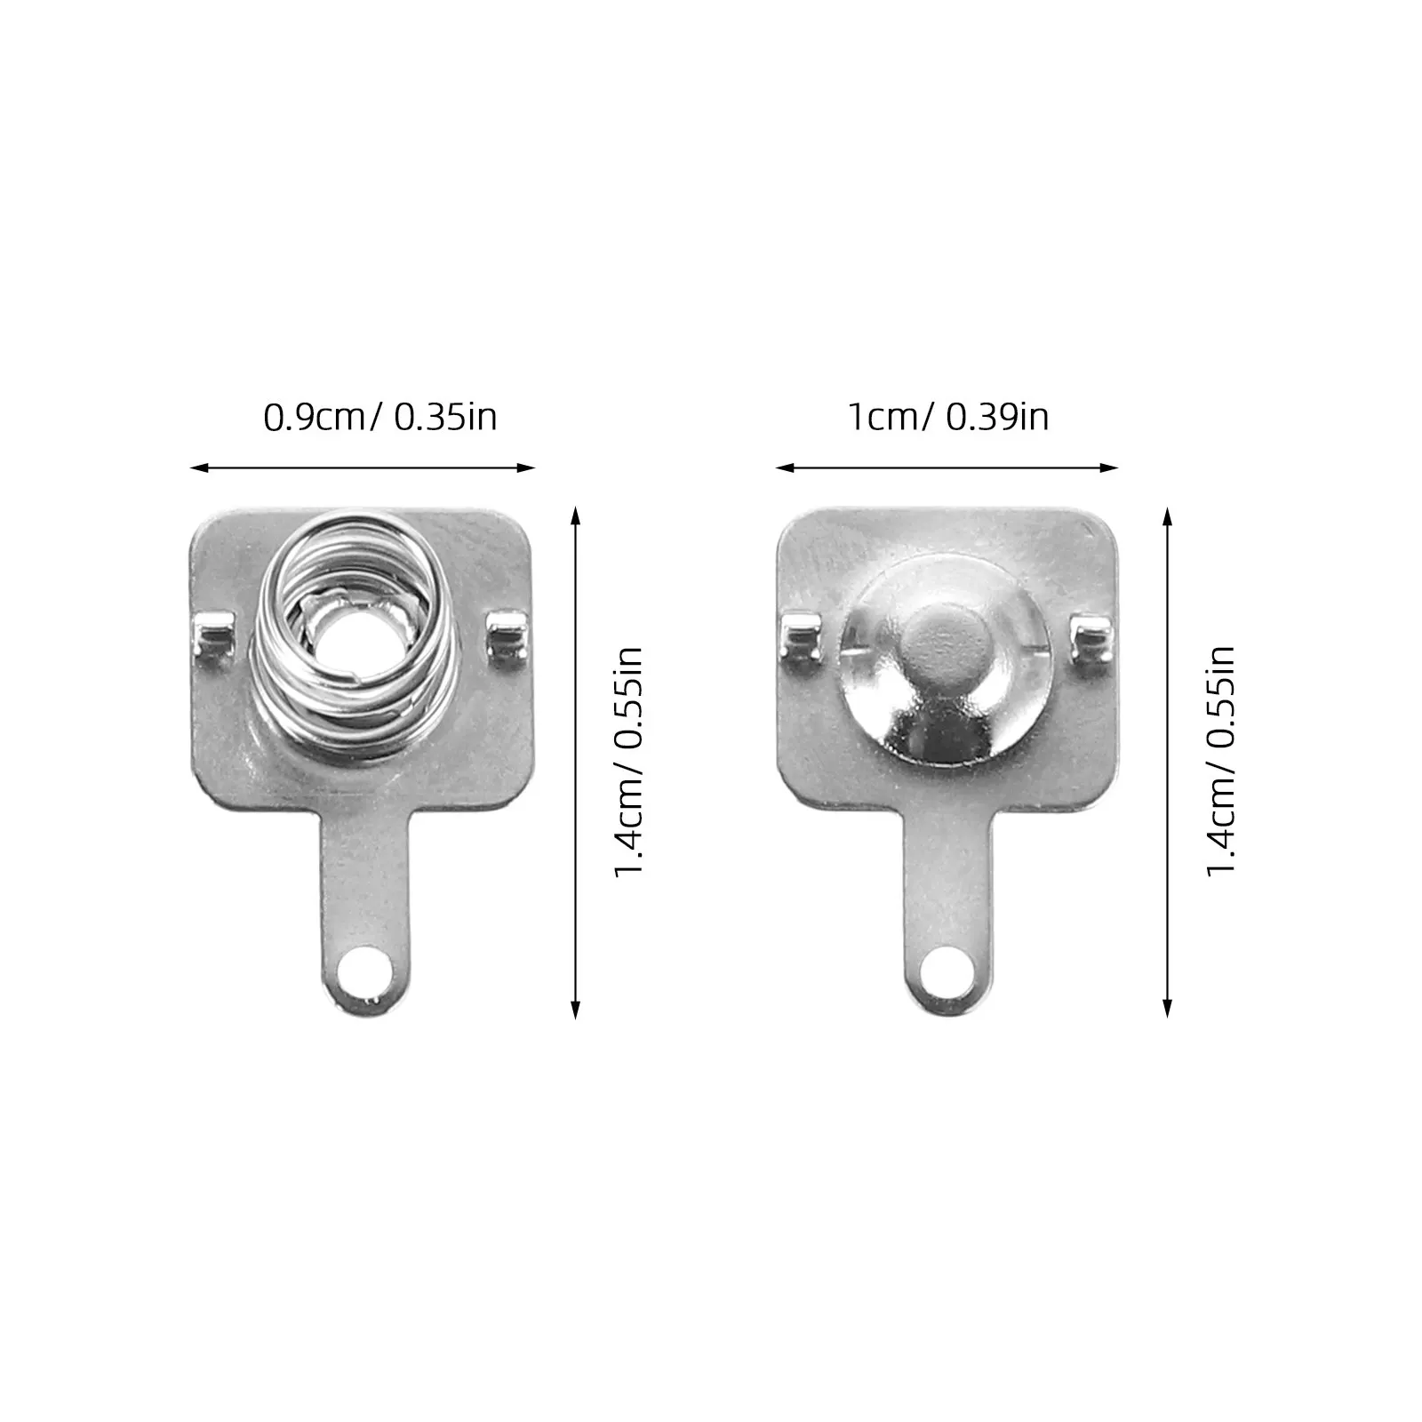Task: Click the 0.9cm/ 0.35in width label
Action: point(380,417)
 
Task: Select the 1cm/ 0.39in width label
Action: point(949,417)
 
